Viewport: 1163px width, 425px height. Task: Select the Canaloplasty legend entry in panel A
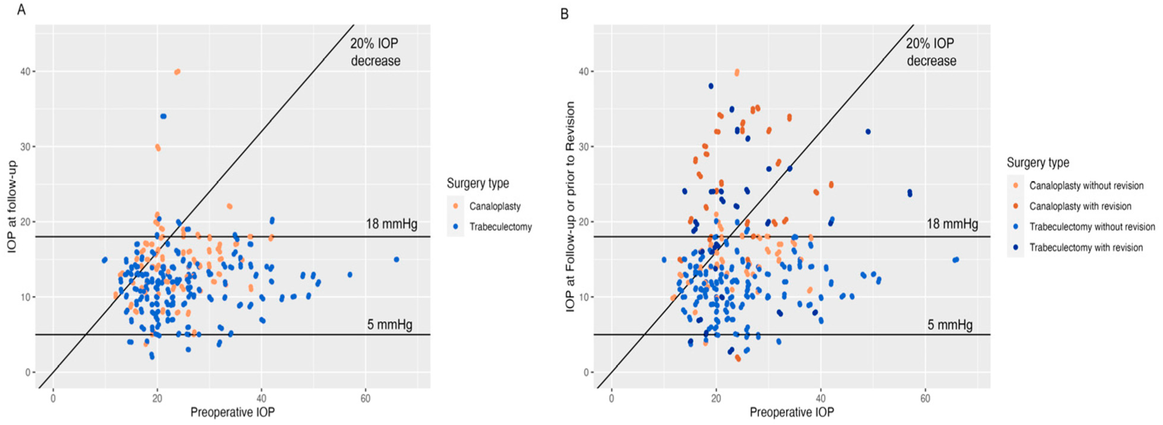pos(495,207)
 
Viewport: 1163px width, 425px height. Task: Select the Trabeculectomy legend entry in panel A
pos(500,227)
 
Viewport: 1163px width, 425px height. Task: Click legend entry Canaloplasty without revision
pos(1086,186)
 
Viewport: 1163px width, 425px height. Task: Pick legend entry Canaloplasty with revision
pos(1080,207)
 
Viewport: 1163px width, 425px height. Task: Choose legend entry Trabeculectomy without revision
pos(1092,227)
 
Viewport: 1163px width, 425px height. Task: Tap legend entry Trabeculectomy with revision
pos(1086,247)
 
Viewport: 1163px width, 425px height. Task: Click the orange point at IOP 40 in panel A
pos(178,72)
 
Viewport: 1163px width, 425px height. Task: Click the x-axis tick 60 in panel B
pos(925,398)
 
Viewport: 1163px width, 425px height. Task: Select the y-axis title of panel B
pos(570,207)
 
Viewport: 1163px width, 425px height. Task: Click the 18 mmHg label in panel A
pos(391,224)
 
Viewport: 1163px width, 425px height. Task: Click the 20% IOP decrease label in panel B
pos(931,52)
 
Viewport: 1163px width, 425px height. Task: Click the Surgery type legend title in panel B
pos(1038,163)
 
